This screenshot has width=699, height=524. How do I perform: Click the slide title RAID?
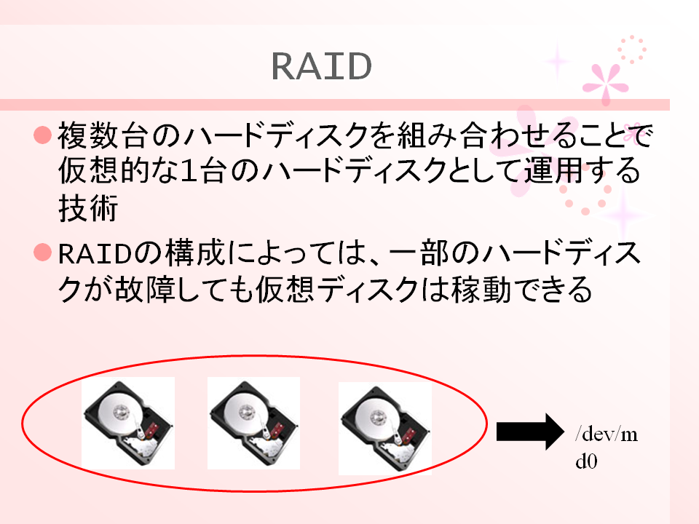click(x=321, y=66)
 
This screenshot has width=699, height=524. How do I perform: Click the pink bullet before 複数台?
click(x=43, y=135)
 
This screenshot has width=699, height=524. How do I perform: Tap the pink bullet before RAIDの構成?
click(x=43, y=253)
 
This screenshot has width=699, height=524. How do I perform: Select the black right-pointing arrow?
click(x=530, y=432)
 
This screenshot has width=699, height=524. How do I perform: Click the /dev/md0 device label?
click(x=607, y=448)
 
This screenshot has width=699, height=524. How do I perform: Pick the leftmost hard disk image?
click(x=128, y=424)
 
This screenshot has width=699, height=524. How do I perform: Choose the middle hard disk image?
click(x=253, y=424)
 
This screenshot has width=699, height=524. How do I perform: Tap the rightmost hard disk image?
click(x=385, y=428)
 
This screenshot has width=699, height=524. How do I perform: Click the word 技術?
click(x=88, y=207)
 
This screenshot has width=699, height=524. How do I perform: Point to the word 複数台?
click(x=103, y=135)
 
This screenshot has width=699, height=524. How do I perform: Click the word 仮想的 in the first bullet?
click(x=103, y=170)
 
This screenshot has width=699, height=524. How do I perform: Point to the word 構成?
click(x=195, y=253)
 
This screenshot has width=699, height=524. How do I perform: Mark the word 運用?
click(x=554, y=170)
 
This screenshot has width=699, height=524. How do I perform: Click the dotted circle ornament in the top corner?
click(x=632, y=49)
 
